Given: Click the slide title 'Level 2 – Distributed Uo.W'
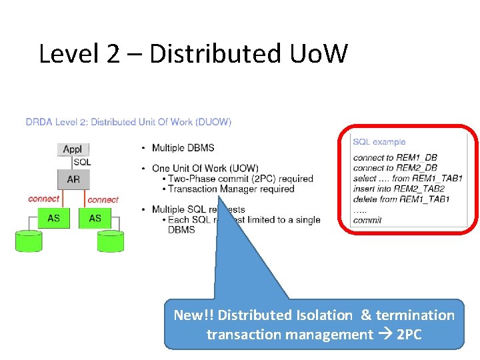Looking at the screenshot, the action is pos(193,53).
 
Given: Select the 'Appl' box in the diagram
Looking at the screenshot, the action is pos(73,149).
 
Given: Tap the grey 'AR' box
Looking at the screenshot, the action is pos(73,179).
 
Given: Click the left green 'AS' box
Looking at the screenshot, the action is pos(53,218).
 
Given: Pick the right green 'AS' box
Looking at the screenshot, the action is pos(95,218).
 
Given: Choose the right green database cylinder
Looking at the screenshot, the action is pos(111,241).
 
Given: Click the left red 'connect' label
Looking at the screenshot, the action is pos(43,198).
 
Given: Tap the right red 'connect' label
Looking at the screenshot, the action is pos(103,199).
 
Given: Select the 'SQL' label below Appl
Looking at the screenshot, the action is pos(83,162).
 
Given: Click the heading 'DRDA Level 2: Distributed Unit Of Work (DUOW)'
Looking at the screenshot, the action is pos(129,122).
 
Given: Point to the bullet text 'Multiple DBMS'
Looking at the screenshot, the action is pos(183,147).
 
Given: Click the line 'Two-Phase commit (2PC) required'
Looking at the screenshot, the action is pos(240,179).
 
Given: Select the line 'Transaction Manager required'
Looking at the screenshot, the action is pos(231,189).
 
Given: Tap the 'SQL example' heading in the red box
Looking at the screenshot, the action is pos(379,142).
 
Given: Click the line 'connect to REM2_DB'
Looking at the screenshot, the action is pos(395,168).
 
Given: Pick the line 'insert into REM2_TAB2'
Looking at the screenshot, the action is pos(399,189).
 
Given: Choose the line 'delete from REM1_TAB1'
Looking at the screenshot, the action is pos(401,199).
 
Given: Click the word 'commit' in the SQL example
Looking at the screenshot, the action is pos(367,220).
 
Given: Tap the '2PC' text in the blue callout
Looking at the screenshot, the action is pos(409,335).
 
